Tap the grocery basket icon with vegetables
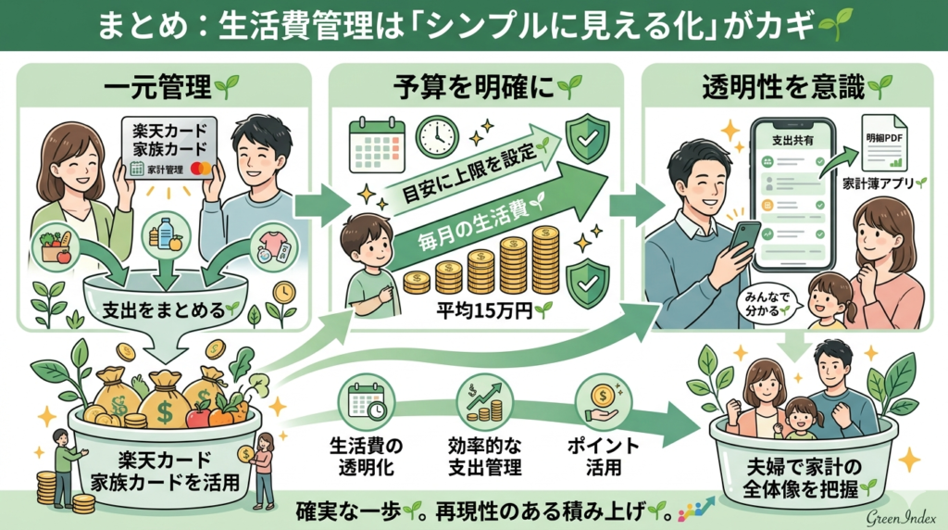click(x=57, y=247)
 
